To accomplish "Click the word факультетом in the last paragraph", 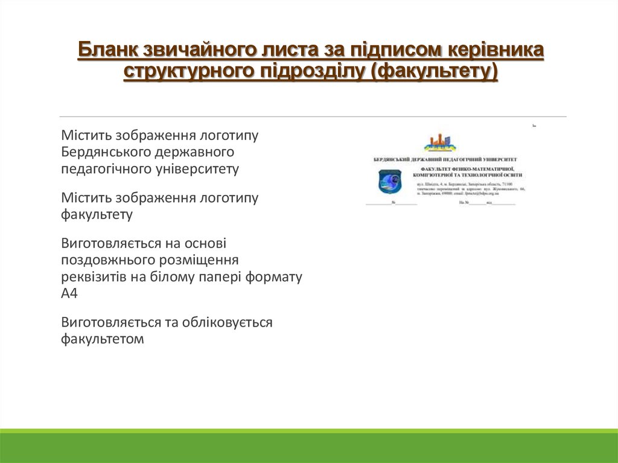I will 102,339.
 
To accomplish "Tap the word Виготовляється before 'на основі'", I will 110,243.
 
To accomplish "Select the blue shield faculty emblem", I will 389,181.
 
